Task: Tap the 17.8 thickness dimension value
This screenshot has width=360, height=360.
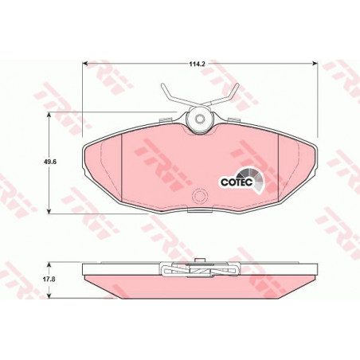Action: tap(49, 280)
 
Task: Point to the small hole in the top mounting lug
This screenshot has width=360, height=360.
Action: tap(199, 119)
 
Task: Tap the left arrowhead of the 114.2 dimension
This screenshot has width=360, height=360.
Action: tap(85, 64)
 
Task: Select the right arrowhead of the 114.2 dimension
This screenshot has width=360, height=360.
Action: tap(315, 64)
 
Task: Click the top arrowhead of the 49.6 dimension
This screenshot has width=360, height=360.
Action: tap(49, 115)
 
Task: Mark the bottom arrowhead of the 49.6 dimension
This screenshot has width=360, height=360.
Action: tap(49, 211)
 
